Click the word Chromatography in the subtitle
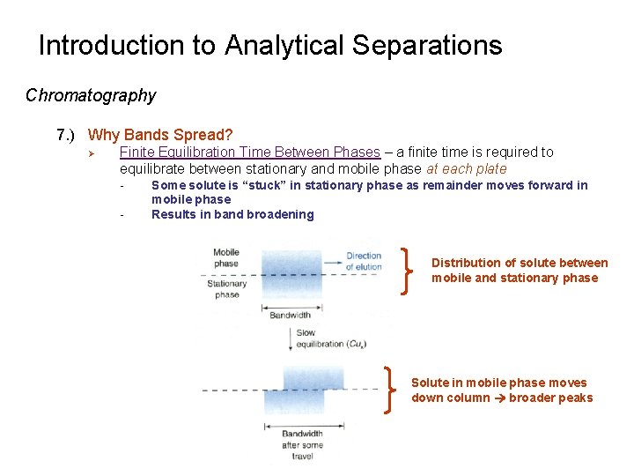(91, 95)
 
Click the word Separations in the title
(431, 46)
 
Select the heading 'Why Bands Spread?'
(160, 135)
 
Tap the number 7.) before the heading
(67, 135)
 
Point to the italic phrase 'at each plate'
(466, 168)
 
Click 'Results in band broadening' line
(232, 214)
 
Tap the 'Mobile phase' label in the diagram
(225, 257)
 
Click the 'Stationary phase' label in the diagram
(227, 289)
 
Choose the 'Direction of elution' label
(363, 261)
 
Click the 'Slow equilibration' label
(320, 338)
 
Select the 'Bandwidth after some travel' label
(302, 444)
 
